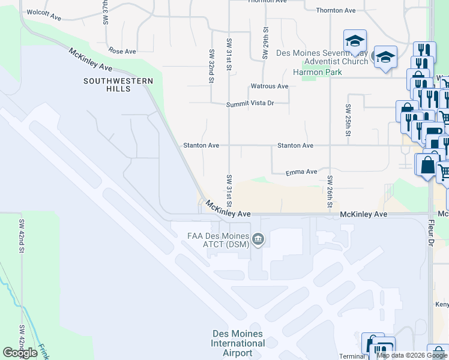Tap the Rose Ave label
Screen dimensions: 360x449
(122, 52)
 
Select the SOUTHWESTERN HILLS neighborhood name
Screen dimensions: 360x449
(118, 85)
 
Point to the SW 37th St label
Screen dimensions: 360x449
(105, 12)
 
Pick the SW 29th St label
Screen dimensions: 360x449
(264, 43)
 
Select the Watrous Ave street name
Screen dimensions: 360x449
(270, 86)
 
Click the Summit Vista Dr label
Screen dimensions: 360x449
(250, 104)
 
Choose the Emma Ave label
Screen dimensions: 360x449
(301, 172)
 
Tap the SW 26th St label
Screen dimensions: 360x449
(330, 192)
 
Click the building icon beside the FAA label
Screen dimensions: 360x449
(259, 240)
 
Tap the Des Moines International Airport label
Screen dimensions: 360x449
(238, 343)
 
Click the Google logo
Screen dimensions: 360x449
(20, 353)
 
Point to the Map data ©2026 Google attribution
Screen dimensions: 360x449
(411, 355)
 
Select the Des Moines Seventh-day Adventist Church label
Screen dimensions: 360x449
(322, 57)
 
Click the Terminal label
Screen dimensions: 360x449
(352, 356)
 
